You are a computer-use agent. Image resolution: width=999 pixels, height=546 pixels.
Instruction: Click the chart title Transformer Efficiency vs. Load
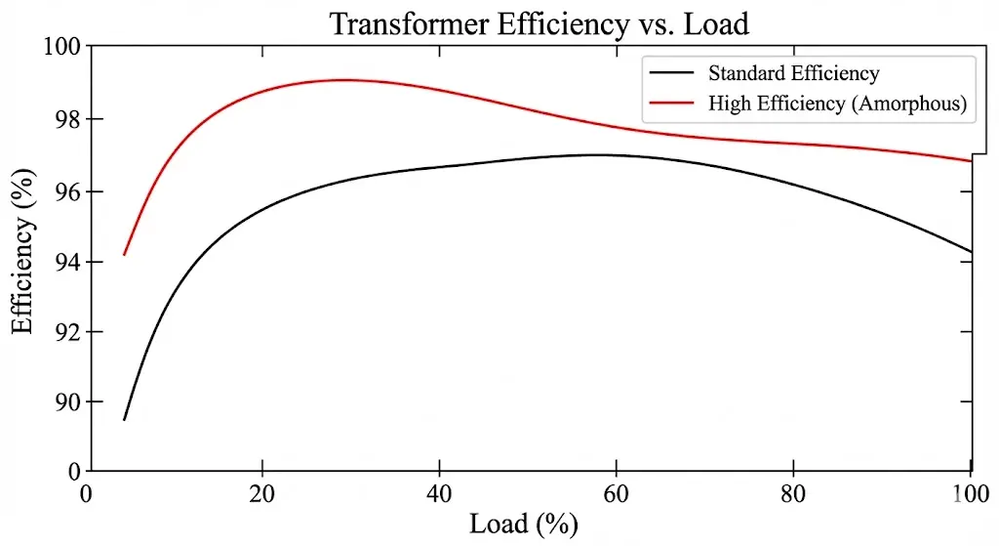(x=539, y=22)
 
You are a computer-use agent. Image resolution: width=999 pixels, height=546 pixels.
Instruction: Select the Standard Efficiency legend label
(x=793, y=73)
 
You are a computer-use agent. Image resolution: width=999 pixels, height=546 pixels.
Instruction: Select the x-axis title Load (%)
(x=524, y=524)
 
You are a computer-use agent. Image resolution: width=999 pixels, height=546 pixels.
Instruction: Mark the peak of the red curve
(x=341, y=80)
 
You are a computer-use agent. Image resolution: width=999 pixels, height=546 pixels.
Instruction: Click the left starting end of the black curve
(x=124, y=420)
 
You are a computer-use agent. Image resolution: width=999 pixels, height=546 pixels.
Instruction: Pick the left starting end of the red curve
(x=124, y=255)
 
